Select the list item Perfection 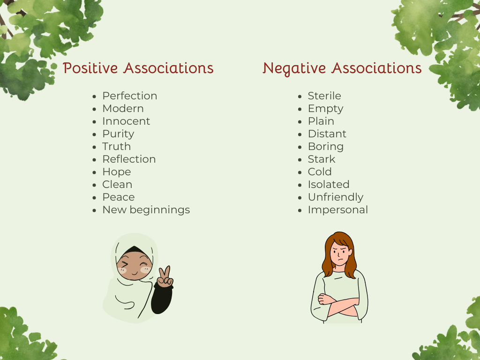(x=130, y=96)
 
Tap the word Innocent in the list (x=126, y=121)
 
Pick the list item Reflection (x=129, y=159)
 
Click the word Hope (x=116, y=172)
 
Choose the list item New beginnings (x=146, y=210)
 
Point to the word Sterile (x=324, y=96)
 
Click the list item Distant (x=327, y=134)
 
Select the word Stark (x=322, y=159)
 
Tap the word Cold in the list (x=320, y=172)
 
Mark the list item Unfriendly (x=335, y=197)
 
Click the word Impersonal (x=337, y=210)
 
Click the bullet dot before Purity (x=96, y=135)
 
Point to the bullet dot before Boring (x=301, y=147)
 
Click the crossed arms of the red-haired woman (x=338, y=304)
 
